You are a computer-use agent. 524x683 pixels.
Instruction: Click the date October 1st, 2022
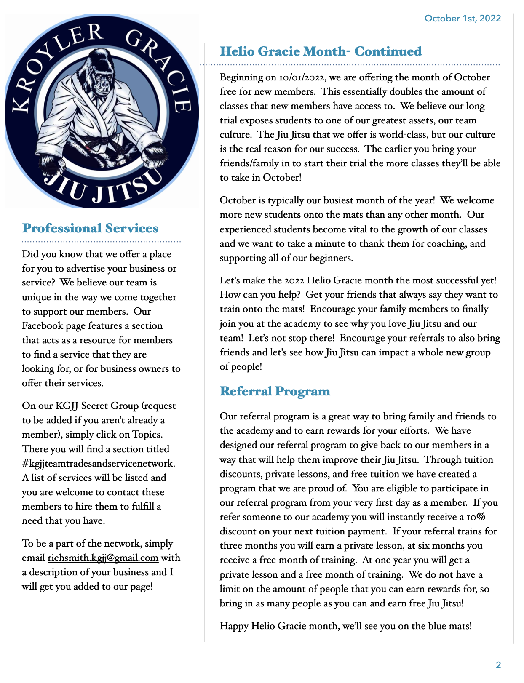coord(463,19)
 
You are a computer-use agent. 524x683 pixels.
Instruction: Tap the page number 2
coord(498,665)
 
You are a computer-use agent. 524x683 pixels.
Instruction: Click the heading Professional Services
coord(90,228)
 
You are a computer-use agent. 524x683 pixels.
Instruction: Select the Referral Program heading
coord(275,391)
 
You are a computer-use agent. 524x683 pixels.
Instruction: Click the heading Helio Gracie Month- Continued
coord(321,51)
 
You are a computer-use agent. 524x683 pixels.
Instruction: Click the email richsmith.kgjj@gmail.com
coord(103,558)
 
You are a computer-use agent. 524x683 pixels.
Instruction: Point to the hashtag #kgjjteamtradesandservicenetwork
coord(98,464)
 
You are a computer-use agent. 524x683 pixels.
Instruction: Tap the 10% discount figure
coord(476,517)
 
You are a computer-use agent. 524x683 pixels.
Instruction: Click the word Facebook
coord(42,326)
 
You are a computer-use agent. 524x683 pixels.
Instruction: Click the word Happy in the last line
coord(234,626)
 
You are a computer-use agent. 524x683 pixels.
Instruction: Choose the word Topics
coord(147,435)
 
